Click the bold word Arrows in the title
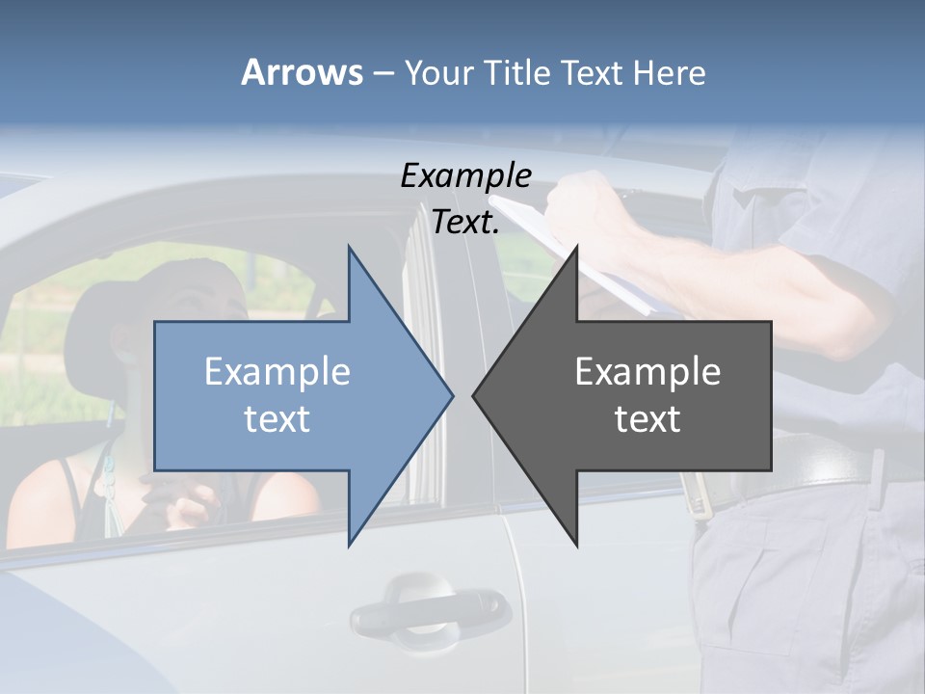click(302, 72)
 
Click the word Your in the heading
click(439, 72)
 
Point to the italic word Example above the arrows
click(465, 175)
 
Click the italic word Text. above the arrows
click(465, 222)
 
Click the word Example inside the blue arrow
click(277, 371)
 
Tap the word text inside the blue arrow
click(277, 418)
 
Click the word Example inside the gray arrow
click(647, 371)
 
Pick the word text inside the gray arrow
click(647, 418)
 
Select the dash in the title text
click(383, 74)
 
